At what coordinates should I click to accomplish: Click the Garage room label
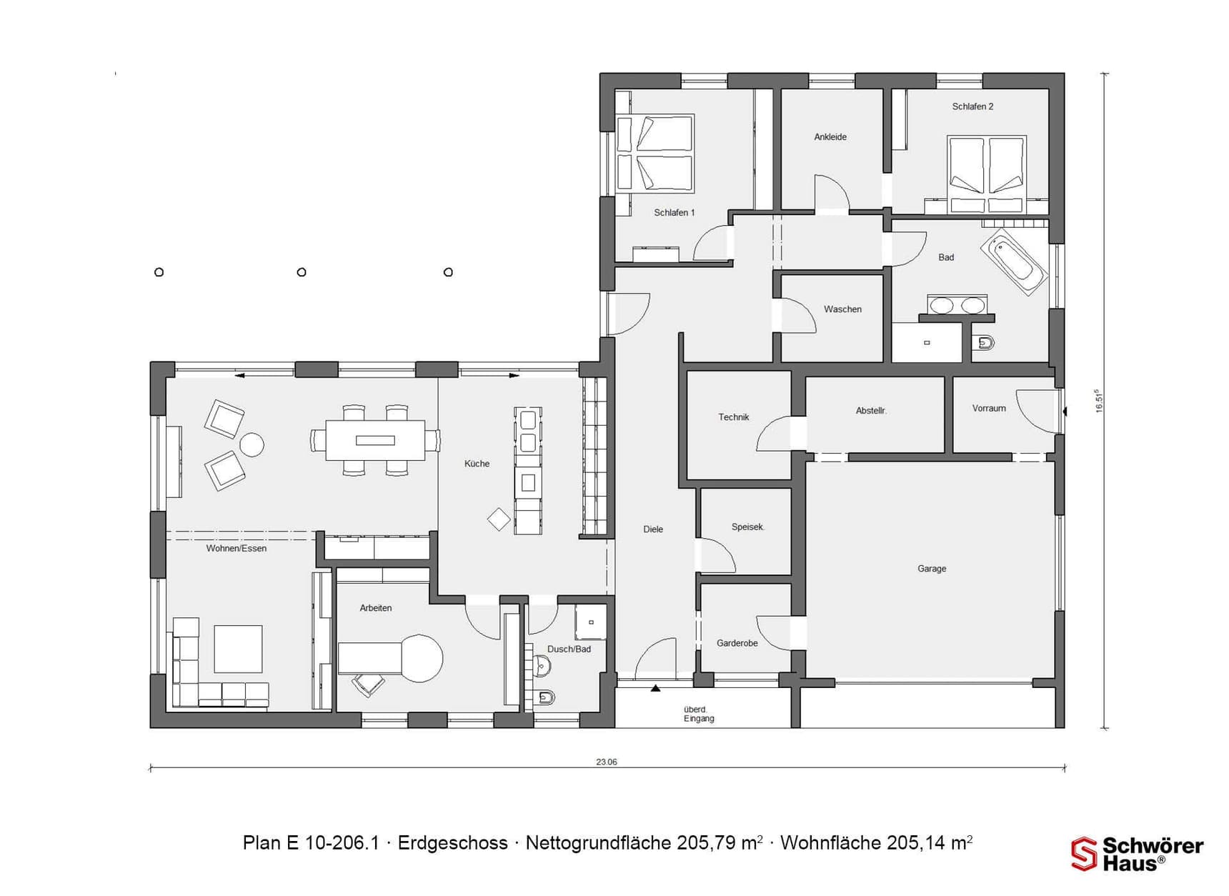pyautogui.click(x=932, y=569)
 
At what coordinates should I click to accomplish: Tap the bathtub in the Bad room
pyautogui.click(x=1015, y=261)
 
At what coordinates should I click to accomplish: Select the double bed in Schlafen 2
pyautogui.click(x=987, y=174)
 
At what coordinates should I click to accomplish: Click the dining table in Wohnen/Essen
pyautogui.click(x=375, y=440)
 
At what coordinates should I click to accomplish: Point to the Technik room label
pyautogui.click(x=734, y=417)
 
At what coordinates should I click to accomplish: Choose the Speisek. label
pyautogui.click(x=748, y=527)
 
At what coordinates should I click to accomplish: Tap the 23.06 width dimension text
pyautogui.click(x=607, y=762)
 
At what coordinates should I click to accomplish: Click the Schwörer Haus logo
pyautogui.click(x=1138, y=855)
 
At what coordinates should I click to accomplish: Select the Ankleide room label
pyautogui.click(x=830, y=137)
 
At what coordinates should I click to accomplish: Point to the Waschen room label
pyautogui.click(x=842, y=309)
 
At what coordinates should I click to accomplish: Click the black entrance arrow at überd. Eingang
pyautogui.click(x=655, y=688)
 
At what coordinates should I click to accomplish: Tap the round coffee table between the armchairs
pyautogui.click(x=252, y=444)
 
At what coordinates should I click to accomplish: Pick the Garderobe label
pyautogui.click(x=737, y=643)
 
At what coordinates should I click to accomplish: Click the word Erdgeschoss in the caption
pyautogui.click(x=452, y=843)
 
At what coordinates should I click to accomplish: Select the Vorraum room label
pyautogui.click(x=989, y=409)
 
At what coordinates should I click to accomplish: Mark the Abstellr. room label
pyautogui.click(x=871, y=411)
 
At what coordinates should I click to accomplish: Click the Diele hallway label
pyautogui.click(x=653, y=529)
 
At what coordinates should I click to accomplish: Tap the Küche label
pyautogui.click(x=477, y=464)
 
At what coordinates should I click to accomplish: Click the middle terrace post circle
pyautogui.click(x=302, y=272)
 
